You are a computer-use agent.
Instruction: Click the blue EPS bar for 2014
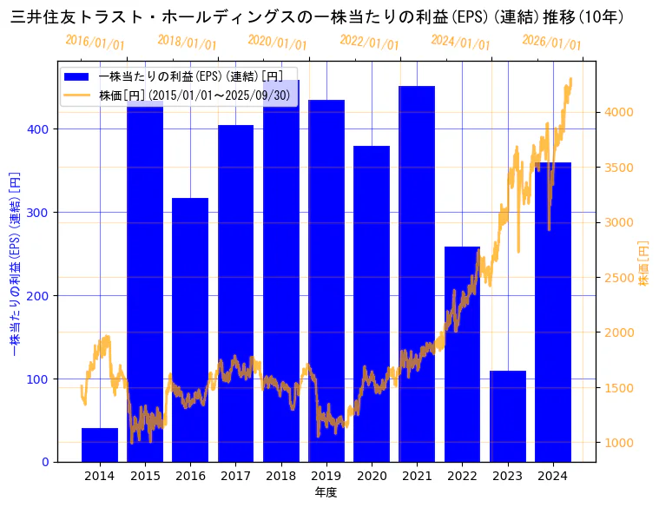100,444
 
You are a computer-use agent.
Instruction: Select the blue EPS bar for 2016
190,330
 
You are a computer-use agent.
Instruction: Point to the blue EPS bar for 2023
507,417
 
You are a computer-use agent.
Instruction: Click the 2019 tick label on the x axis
326,476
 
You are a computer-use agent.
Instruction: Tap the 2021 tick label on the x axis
417,476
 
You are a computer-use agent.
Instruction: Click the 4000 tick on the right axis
620,112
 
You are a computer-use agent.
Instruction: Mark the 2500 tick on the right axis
620,278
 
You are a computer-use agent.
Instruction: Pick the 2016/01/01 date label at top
95,43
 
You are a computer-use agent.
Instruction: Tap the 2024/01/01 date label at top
460,43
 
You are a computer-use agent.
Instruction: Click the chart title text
317,16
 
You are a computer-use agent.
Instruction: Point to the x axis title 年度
326,492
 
